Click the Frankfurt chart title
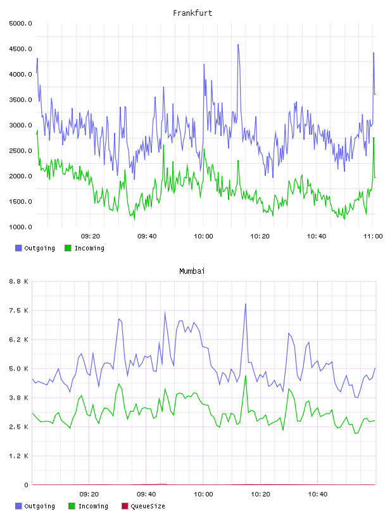[192, 13]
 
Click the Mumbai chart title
[192, 271]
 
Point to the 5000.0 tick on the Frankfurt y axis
[20, 23]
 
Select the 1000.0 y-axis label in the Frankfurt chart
[20, 227]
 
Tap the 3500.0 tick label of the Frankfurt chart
[20, 100]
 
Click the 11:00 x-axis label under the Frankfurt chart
[373, 236]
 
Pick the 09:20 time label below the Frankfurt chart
[91, 236]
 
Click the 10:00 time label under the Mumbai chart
[203, 494]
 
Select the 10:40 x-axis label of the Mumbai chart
[318, 494]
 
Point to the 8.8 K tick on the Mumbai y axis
[18, 281]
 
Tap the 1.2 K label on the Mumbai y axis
[18, 456]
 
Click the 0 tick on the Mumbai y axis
[26, 485]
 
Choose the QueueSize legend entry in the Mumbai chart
[143, 506]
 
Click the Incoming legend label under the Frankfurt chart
[90, 248]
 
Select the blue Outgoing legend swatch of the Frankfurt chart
[18, 248]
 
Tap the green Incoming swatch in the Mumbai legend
[72, 506]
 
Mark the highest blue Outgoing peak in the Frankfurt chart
[238, 45]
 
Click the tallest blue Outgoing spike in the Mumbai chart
[245, 304]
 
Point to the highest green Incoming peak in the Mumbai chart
[245, 376]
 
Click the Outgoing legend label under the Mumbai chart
[39, 506]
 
